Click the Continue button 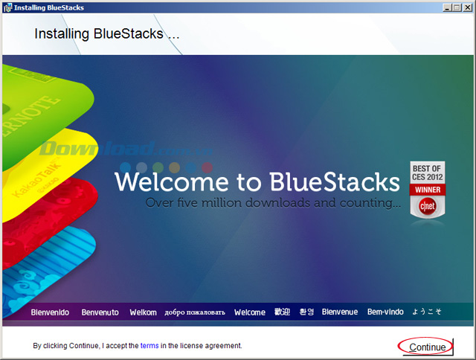click(x=427, y=347)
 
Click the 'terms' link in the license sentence click(x=149, y=346)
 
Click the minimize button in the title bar click(x=444, y=7)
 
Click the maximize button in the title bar click(x=455, y=7)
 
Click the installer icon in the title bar click(x=7, y=7)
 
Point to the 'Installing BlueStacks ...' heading click(x=107, y=34)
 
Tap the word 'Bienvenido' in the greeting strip click(x=50, y=312)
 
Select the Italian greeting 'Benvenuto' click(x=100, y=312)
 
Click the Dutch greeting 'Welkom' click(x=143, y=312)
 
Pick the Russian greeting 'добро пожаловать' click(x=194, y=312)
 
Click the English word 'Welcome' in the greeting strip click(x=249, y=312)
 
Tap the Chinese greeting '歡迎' click(x=282, y=312)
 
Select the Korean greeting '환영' click(x=306, y=312)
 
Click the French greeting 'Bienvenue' click(x=340, y=312)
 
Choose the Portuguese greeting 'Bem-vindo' click(x=385, y=312)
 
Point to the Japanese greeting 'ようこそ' click(x=427, y=312)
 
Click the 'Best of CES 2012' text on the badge click(x=428, y=173)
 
